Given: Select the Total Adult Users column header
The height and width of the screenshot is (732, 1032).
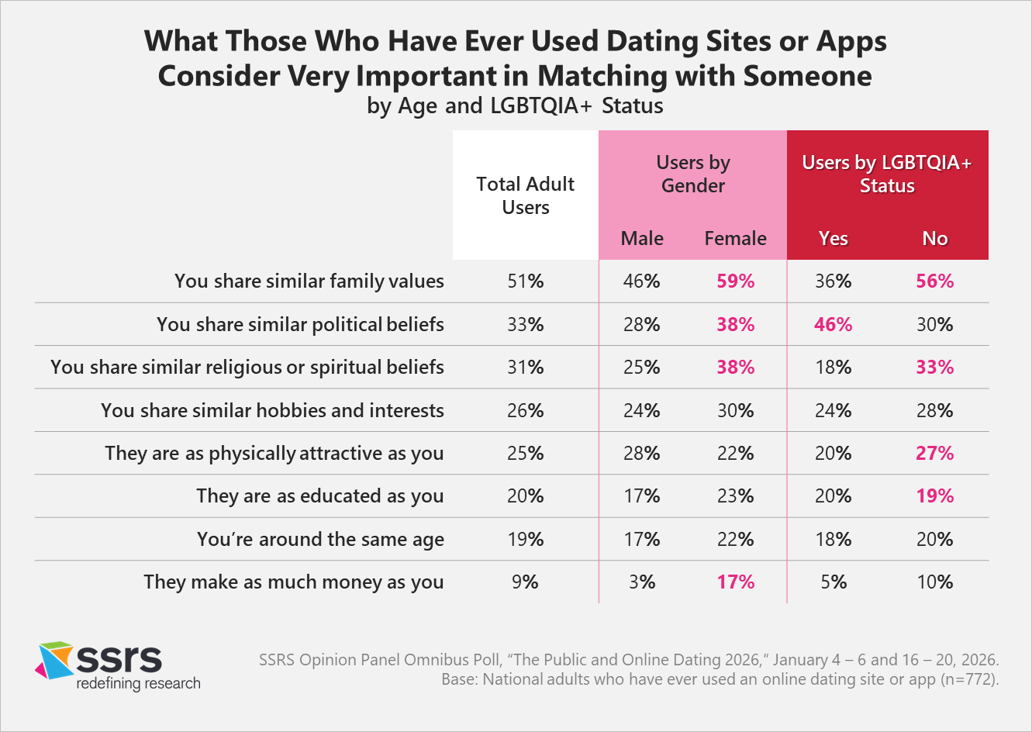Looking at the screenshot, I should tap(525, 195).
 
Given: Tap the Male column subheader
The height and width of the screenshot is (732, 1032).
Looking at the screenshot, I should tap(642, 239).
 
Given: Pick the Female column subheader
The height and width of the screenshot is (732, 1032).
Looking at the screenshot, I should tap(735, 239).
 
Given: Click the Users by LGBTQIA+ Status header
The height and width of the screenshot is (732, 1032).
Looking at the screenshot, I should tap(887, 174).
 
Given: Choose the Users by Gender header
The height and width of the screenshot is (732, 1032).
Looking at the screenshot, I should tap(692, 174).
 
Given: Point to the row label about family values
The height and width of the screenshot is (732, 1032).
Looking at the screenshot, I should tap(309, 281).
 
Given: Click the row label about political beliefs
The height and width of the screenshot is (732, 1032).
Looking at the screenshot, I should tap(300, 324).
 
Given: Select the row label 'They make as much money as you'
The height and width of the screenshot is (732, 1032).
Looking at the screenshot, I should tap(293, 582).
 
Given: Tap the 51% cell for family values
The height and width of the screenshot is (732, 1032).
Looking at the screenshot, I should tap(526, 281).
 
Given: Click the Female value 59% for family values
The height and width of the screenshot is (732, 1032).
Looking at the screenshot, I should tap(735, 281).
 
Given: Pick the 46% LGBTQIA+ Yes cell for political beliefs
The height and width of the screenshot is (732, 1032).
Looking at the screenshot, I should tap(833, 324).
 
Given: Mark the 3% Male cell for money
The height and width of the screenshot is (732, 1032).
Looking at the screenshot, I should tap(642, 582).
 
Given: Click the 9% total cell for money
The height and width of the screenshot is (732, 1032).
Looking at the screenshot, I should tap(526, 582).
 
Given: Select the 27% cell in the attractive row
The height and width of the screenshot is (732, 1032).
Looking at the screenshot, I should tap(934, 454).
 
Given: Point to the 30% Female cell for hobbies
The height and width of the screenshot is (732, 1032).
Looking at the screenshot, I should tap(735, 411).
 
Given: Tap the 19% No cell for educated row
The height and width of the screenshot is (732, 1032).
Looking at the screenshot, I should tap(934, 496).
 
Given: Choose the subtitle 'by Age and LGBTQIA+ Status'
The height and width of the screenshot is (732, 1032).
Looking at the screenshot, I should tap(515, 105).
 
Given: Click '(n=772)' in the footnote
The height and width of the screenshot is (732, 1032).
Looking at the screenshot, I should tap(969, 680).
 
